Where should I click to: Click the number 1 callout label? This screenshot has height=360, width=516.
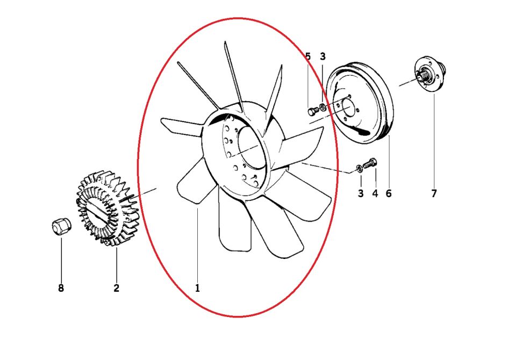(197, 289)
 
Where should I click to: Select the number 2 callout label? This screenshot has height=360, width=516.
(116, 289)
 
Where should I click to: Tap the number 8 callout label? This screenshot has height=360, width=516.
(61, 289)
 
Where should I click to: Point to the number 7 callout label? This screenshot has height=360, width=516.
(434, 193)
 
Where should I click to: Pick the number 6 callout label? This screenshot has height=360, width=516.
(388, 193)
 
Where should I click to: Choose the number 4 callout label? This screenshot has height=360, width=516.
(375, 193)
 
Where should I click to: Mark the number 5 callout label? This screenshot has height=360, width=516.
(308, 56)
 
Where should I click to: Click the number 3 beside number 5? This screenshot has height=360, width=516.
(322, 56)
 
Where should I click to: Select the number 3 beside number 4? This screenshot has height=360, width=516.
(361, 193)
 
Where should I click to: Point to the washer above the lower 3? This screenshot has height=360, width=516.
(359, 169)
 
